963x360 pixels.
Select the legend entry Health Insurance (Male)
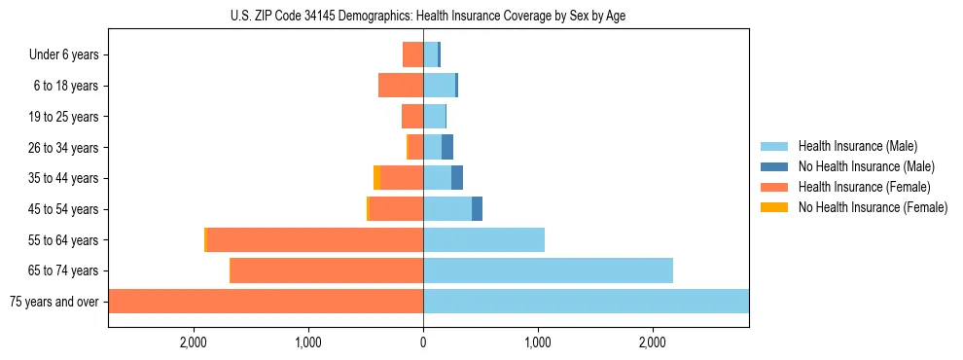tap(856, 146)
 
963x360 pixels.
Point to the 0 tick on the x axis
tap(423, 342)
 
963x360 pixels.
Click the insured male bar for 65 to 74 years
tap(548, 270)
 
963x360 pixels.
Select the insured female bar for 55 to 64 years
tap(315, 240)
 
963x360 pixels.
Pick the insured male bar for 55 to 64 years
tap(483, 240)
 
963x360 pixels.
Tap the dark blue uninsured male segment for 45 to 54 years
tap(477, 209)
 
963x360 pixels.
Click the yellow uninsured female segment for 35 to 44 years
tap(376, 178)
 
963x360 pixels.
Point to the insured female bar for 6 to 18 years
tap(401, 86)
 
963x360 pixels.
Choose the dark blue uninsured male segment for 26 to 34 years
tap(447, 147)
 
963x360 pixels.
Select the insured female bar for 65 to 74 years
tap(326, 270)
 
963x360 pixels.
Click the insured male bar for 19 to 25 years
tap(434, 117)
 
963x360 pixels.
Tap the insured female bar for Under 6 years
tap(412, 54)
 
